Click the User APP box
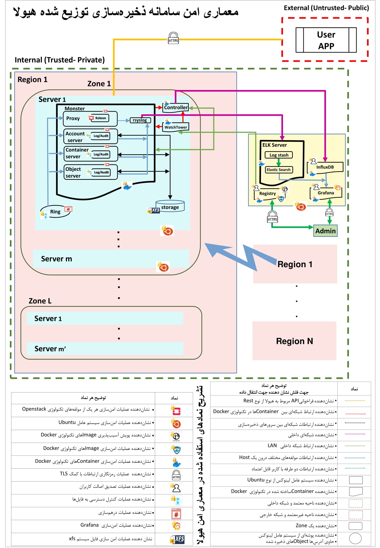(x=326, y=40)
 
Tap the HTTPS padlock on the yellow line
(x=174, y=38)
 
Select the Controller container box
(x=176, y=107)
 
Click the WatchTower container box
(x=176, y=127)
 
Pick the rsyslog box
(x=140, y=120)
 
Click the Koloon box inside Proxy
(x=101, y=118)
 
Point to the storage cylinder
(x=170, y=206)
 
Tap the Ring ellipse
(x=55, y=211)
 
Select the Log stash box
(x=279, y=155)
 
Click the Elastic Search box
(x=278, y=170)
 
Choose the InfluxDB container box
(x=325, y=167)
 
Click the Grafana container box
(x=326, y=193)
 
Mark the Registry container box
(x=268, y=194)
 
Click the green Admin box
(x=325, y=231)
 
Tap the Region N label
(x=294, y=341)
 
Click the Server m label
(x=56, y=259)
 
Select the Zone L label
(x=40, y=301)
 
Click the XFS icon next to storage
(x=154, y=210)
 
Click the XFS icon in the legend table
(x=177, y=539)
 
